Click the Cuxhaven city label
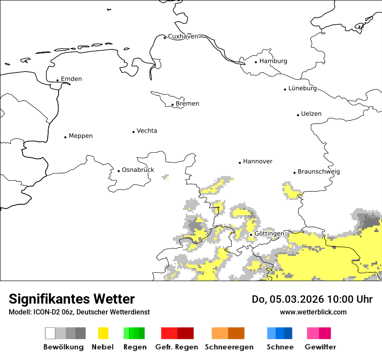click(183, 36)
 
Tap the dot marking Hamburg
click(256, 62)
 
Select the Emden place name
click(71, 79)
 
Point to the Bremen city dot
click(172, 105)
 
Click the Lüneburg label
click(303, 88)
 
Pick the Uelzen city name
click(311, 114)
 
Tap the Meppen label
click(81, 136)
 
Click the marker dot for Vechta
click(133, 132)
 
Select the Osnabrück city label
click(138, 170)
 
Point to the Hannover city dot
click(240, 163)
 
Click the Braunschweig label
click(319, 172)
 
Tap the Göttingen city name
click(269, 234)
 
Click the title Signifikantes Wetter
click(72, 299)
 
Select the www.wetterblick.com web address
click(313, 312)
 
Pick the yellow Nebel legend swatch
click(103, 333)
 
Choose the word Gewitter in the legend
click(320, 347)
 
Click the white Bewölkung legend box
click(50, 333)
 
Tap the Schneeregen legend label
click(229, 347)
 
